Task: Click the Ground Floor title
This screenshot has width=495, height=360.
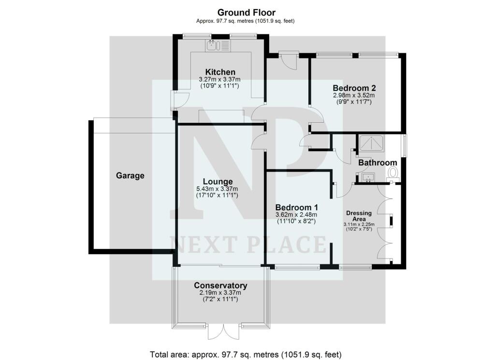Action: (246, 13)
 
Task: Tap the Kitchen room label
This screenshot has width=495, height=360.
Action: (220, 72)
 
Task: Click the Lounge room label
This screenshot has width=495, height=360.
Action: (218, 182)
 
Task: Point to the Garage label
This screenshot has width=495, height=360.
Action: (130, 176)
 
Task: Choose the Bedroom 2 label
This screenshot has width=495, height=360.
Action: (354, 88)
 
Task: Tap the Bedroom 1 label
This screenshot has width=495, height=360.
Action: (296, 208)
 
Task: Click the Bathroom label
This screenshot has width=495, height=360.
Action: (378, 163)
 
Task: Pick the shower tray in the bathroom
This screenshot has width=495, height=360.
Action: (371, 144)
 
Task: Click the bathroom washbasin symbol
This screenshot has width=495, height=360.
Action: (368, 178)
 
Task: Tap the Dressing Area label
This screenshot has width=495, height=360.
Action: (359, 216)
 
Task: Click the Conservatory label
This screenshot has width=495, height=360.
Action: (220, 286)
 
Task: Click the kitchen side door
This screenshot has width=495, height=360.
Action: (179, 101)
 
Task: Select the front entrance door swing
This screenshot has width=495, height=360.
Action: (289, 60)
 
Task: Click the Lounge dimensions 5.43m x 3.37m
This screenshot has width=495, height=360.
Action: (217, 188)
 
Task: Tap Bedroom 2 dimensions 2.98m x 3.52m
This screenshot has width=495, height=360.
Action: (354, 95)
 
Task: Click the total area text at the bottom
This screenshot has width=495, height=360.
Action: (246, 354)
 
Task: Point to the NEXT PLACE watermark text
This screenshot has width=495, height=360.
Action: (248, 245)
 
